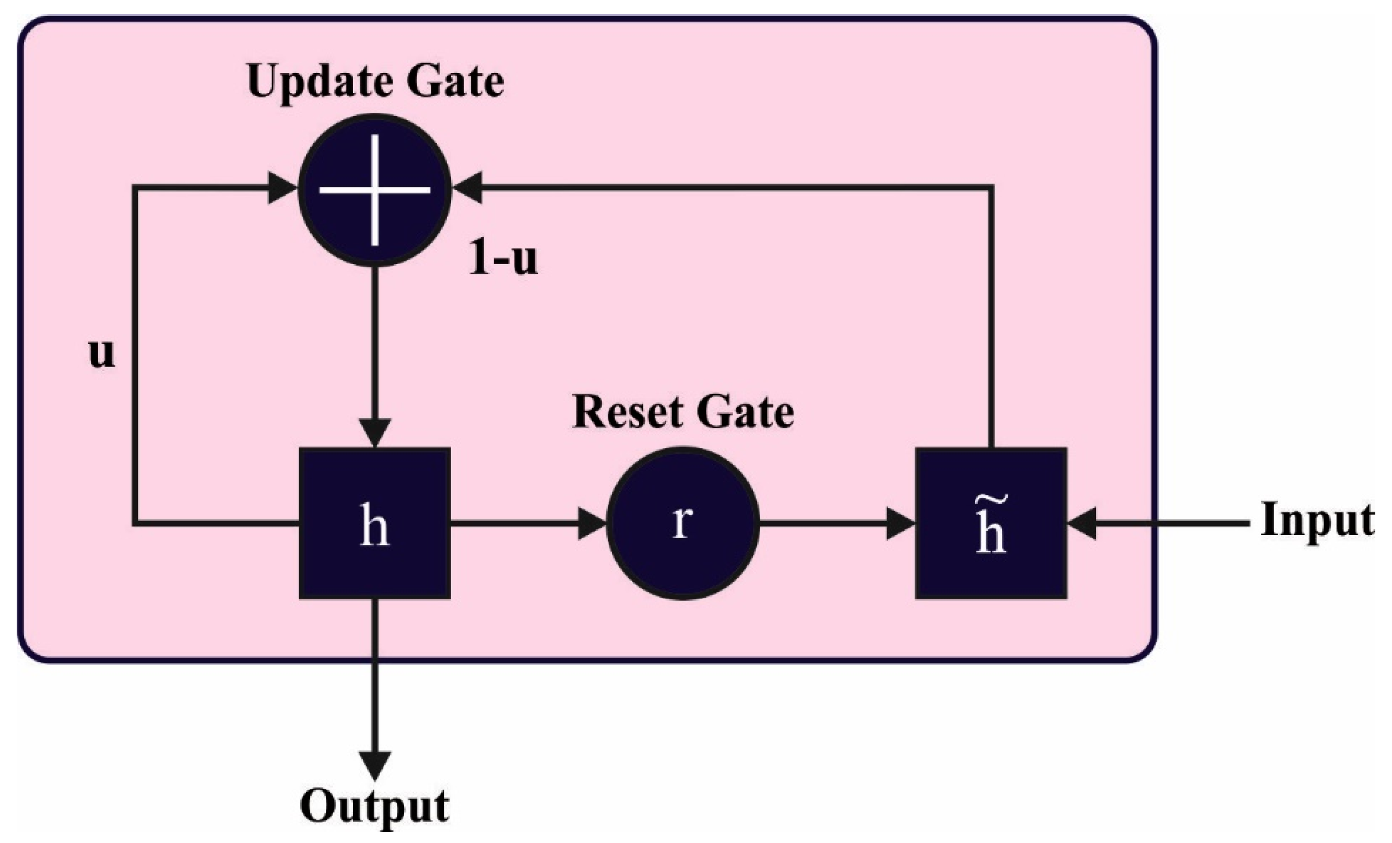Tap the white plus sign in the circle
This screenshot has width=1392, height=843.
pos(375,189)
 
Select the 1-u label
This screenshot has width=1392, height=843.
pos(503,260)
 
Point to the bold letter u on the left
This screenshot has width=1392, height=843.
pos(102,353)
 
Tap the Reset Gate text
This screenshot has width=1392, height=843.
pos(683,413)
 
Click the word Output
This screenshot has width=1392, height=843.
pos(374,806)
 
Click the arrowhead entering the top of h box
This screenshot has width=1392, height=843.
pos(374,433)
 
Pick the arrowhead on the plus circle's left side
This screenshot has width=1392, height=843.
pos(282,188)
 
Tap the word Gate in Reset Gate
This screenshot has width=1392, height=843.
pos(745,413)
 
